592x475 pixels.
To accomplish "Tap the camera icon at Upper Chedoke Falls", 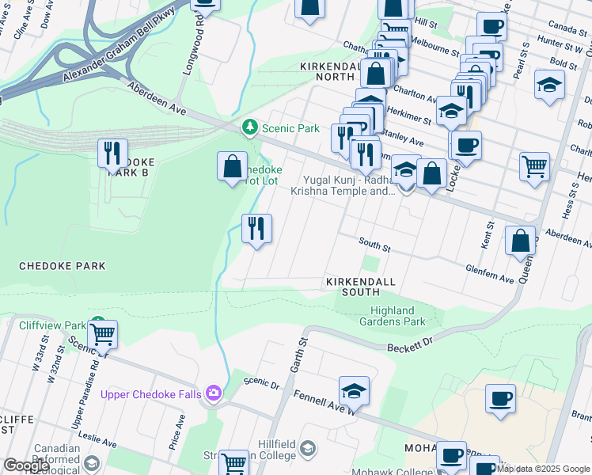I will (214, 393).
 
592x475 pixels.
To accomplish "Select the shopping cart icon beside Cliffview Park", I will (103, 334).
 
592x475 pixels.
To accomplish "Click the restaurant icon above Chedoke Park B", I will (112, 152).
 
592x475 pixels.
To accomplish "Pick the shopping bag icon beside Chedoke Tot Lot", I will (232, 167).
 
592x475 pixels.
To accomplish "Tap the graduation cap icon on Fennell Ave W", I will (354, 390).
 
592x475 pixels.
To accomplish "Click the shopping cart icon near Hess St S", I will (535, 167).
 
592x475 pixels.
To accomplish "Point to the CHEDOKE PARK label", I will (62, 266).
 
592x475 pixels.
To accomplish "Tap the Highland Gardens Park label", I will (397, 316).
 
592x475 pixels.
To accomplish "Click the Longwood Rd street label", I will (190, 53).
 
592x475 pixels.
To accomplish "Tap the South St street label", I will (374, 247).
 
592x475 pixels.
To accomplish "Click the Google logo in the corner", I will (26, 465).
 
